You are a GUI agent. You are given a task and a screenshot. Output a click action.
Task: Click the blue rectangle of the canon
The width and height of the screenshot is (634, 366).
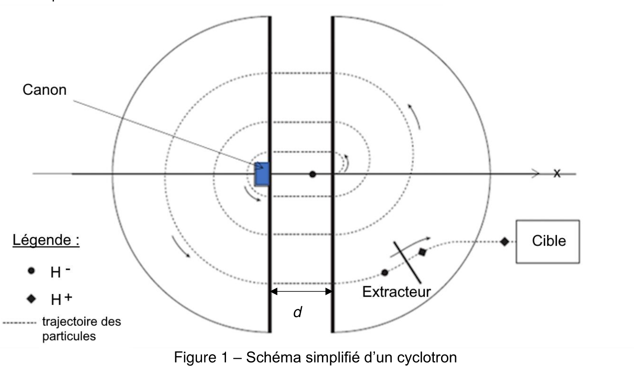point(262,174)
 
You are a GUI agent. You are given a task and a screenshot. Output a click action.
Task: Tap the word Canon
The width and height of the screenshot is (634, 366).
point(44,90)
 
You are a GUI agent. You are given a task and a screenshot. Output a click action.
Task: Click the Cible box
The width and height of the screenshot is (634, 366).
point(548,241)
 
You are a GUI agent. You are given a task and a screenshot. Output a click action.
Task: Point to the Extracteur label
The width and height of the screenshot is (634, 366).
point(396,292)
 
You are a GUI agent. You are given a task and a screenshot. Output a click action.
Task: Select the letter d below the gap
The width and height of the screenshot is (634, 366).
point(298,312)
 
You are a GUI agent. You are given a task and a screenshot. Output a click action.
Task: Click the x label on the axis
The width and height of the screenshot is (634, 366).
point(557,173)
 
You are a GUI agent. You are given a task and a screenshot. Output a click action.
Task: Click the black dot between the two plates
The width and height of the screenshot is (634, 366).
point(312,174)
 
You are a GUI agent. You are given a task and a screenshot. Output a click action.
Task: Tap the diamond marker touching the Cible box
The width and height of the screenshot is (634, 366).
point(504,242)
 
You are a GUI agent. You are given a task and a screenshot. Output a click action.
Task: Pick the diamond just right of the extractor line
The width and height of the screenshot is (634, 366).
point(422,252)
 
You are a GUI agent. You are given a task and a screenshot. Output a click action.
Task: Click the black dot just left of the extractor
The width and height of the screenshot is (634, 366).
point(384,273)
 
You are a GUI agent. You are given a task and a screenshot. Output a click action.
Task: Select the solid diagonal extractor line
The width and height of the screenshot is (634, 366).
point(407,262)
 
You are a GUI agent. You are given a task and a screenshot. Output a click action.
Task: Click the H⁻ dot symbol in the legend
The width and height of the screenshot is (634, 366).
point(31,271)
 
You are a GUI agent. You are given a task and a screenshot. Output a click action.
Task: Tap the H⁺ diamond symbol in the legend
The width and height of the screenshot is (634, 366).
point(31,299)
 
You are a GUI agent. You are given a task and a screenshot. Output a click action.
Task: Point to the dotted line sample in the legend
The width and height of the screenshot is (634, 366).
point(19,323)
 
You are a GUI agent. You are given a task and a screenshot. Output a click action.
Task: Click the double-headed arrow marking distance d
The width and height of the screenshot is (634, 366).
point(301,291)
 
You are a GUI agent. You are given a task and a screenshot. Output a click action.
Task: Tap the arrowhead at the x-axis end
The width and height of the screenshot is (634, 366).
point(536,173)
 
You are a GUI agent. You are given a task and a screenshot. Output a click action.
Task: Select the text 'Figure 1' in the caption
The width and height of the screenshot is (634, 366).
point(201,357)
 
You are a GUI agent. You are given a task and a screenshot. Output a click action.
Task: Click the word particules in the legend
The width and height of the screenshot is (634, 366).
point(69,337)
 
